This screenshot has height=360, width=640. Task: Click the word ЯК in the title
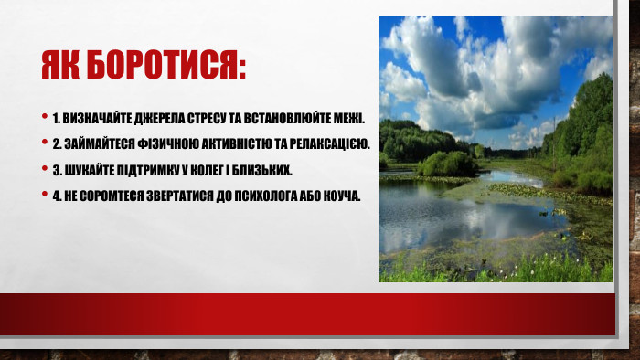coord(61,66)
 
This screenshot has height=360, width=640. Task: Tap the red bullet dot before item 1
coord(45,117)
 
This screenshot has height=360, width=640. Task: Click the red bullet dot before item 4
coord(45,194)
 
